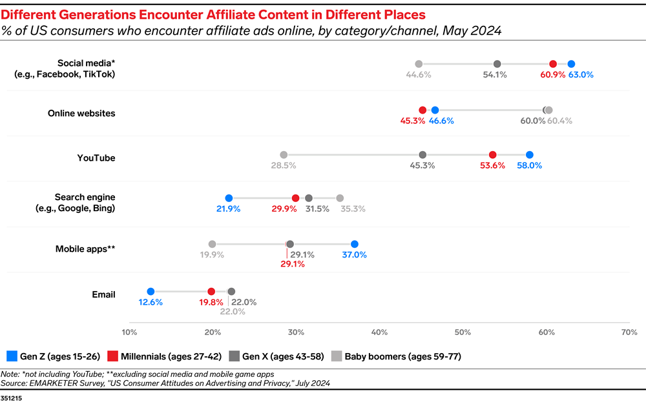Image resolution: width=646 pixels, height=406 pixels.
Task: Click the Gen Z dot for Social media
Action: click(x=571, y=63)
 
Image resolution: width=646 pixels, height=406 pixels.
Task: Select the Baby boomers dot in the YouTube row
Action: click(x=284, y=155)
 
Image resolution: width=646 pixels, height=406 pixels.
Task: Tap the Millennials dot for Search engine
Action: click(x=295, y=198)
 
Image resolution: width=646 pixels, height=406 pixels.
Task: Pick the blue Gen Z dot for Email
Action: click(x=151, y=292)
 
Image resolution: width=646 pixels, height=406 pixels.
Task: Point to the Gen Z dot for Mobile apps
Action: click(x=354, y=244)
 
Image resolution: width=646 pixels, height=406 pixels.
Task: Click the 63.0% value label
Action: click(x=581, y=75)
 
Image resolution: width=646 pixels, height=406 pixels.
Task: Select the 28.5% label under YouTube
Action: click(x=284, y=166)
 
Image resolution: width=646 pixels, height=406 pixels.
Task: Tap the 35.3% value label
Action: click(x=353, y=209)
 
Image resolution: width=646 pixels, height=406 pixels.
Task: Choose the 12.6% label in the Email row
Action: click(x=150, y=303)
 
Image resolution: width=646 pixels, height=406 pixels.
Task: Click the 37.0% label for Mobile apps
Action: click(x=354, y=255)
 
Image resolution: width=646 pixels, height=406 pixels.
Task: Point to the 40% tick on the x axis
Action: click(x=379, y=332)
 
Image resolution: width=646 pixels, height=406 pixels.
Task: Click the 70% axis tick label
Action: click(x=629, y=332)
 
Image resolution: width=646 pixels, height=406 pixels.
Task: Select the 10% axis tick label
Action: click(x=129, y=332)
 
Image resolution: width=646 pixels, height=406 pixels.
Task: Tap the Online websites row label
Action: click(x=81, y=114)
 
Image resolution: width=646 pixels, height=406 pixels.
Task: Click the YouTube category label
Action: click(x=96, y=158)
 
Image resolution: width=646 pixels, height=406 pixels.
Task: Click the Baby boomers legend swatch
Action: click(x=336, y=356)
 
